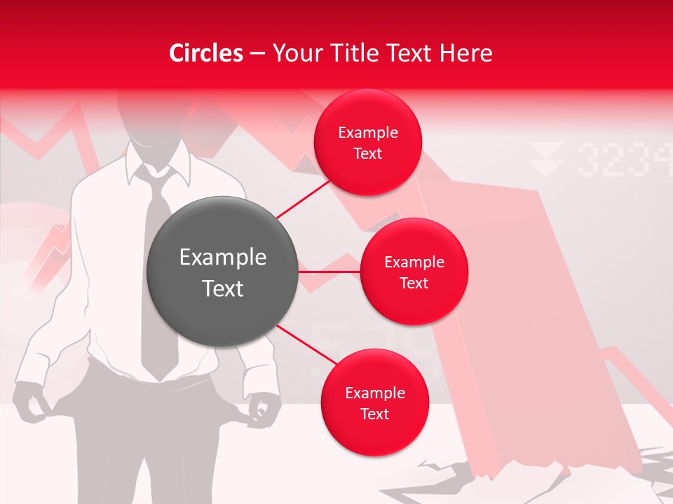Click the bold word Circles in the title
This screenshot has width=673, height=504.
[x=205, y=53]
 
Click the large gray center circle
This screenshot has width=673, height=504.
[x=223, y=272]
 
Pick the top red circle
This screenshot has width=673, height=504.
[x=367, y=143]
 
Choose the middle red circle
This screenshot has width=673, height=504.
[x=414, y=272]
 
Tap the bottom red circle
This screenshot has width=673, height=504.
[x=374, y=402]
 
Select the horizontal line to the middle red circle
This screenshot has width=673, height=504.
[x=329, y=271]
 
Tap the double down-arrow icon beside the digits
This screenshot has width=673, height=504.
[x=546, y=159]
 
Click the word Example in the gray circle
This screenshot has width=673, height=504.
[x=223, y=258]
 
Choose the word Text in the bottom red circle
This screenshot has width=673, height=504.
[x=374, y=414]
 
